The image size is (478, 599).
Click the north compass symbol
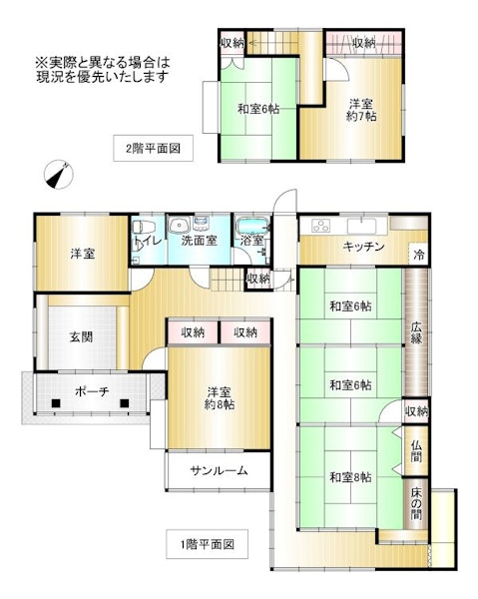point(59,175)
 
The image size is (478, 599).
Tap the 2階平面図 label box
point(153,148)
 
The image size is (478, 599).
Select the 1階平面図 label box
point(207,544)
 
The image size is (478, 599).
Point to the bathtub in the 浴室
point(252,227)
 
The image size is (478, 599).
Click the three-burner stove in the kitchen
point(320,226)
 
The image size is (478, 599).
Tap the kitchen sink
point(362,226)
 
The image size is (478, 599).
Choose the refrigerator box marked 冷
point(418,254)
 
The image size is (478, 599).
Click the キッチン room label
point(363,247)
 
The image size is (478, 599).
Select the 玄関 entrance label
point(81,337)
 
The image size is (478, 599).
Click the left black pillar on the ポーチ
point(56,403)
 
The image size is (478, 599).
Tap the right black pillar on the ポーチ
point(124,403)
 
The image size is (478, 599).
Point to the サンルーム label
point(219,470)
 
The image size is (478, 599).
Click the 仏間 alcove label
point(416,451)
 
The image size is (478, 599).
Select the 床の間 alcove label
point(416,503)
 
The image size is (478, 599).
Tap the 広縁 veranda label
point(416,332)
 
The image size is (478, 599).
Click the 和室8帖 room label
point(350,477)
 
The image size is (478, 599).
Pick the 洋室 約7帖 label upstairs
point(361,110)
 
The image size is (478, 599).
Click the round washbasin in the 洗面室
point(180,226)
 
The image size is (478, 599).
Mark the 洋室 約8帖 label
point(219,397)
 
